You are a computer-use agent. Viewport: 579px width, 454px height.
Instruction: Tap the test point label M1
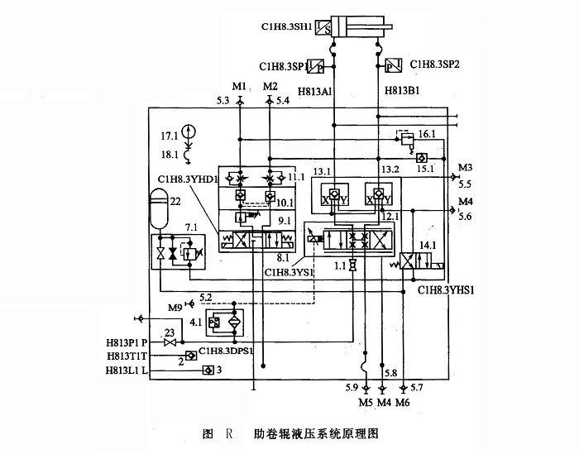point(239,86)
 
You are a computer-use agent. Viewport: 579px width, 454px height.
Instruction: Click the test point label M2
point(270,86)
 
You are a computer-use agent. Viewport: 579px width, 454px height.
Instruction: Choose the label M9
point(174,308)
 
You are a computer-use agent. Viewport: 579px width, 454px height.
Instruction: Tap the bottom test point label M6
point(403,403)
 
